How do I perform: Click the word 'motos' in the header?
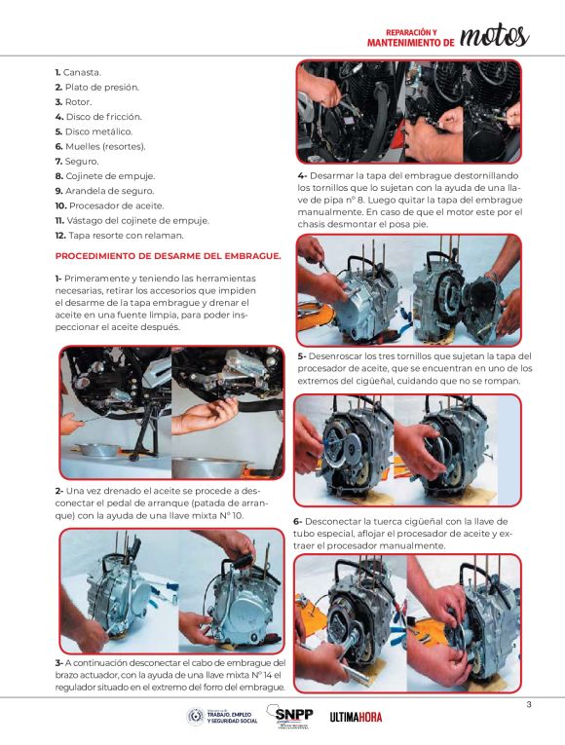[x=495, y=37]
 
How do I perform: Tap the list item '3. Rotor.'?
[x=74, y=102]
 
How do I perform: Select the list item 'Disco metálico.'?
[x=98, y=131]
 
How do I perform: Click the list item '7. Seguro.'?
[x=77, y=162]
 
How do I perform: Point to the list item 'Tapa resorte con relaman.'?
[x=126, y=236]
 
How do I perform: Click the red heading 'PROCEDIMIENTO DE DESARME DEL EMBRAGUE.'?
[x=169, y=256]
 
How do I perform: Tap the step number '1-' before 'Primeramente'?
[x=58, y=279]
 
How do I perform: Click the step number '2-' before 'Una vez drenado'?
[x=59, y=491]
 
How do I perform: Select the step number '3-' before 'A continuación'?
[x=59, y=663]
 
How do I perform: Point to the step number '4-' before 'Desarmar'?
[x=303, y=176]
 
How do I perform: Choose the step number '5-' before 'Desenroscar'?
[x=302, y=356]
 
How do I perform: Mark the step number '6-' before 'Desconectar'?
[x=298, y=522]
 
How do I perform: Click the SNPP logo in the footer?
[x=290, y=717]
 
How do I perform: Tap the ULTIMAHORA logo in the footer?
[x=356, y=717]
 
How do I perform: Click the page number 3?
[x=529, y=705]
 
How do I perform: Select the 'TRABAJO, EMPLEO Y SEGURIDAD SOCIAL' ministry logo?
[x=223, y=717]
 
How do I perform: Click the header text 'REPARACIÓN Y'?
[x=411, y=32]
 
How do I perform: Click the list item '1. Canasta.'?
[x=78, y=73]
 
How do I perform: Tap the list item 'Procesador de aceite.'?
[x=117, y=206]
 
